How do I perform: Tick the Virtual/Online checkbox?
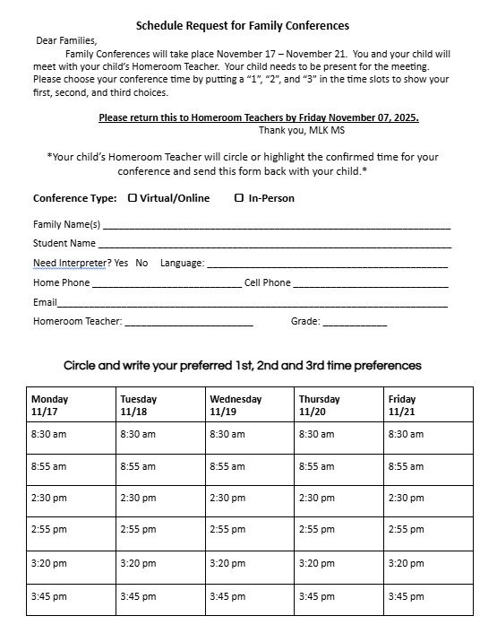pos(133,198)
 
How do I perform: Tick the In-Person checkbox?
pos(239,198)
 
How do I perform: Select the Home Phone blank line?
pos(167,286)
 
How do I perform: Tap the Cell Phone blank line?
pos(371,286)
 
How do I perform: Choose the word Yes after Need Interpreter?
pos(121,264)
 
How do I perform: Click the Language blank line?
pos(327,266)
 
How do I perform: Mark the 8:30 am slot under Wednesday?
pos(227,434)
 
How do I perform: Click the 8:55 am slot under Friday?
pos(406,466)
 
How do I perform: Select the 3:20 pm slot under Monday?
pos(48,563)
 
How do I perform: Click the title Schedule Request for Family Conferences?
pos(243,26)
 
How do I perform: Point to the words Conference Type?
pos(74,198)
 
